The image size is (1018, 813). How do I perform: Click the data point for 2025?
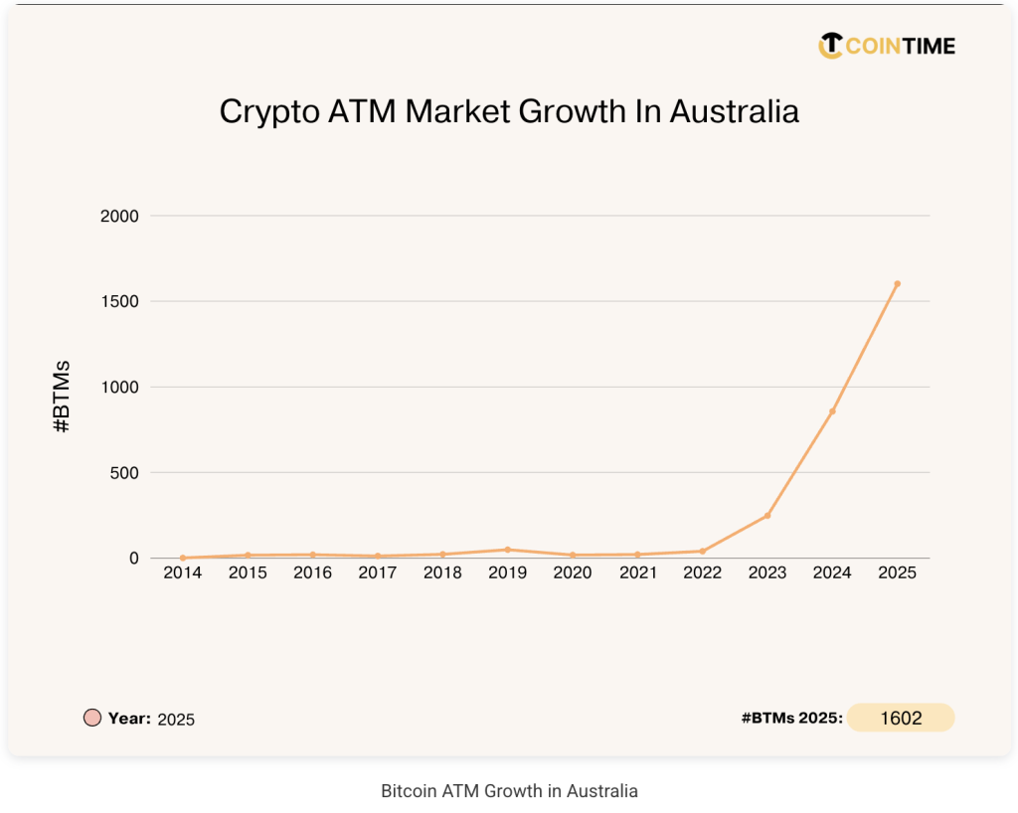point(897,283)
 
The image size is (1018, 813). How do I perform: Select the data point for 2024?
point(832,411)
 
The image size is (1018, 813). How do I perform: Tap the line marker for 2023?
point(767,515)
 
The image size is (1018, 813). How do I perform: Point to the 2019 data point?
point(507,550)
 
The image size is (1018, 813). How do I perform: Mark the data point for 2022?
point(702,551)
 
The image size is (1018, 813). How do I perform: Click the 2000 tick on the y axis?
point(119,216)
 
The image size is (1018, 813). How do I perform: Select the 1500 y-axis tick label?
point(119,301)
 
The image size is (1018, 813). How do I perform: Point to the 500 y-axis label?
point(123,472)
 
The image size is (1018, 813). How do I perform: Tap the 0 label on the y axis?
point(133,559)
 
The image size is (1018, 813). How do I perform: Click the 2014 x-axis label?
point(183,573)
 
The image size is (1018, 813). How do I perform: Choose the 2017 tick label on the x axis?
point(378,573)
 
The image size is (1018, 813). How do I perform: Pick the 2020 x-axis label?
point(572,573)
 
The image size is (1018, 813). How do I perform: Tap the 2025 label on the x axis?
point(897,573)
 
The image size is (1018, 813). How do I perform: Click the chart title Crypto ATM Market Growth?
point(509,111)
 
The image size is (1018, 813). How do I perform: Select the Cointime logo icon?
point(830,46)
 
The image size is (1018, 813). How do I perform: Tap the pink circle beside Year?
point(92,718)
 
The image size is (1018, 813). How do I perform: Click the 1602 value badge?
point(901,718)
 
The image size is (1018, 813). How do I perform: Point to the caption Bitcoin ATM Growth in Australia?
point(509,791)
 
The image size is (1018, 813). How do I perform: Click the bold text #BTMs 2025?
point(791,718)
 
